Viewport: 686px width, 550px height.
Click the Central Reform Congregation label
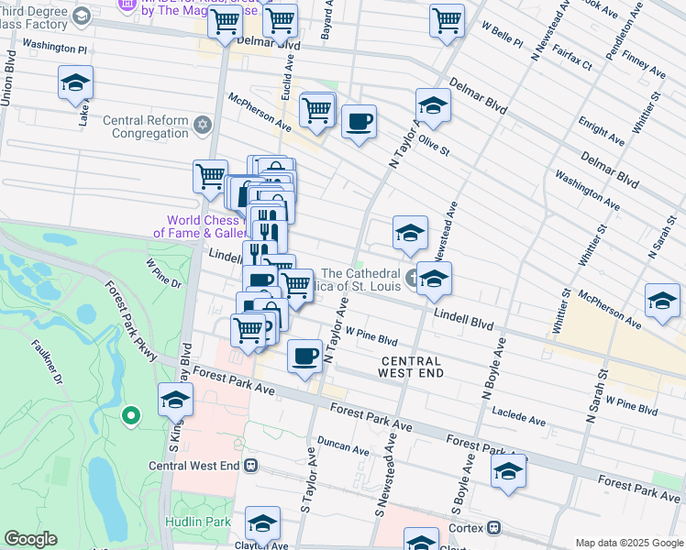click(x=150, y=126)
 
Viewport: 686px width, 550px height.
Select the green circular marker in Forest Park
click(x=131, y=417)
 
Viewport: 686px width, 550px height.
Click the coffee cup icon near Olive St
click(x=359, y=121)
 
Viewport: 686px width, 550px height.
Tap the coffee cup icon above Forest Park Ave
click(x=304, y=356)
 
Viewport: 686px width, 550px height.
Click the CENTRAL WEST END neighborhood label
click(x=413, y=367)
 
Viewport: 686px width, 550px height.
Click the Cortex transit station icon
click(x=494, y=527)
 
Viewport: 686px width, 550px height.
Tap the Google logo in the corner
click(x=29, y=539)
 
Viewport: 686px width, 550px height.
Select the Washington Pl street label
click(x=54, y=45)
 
